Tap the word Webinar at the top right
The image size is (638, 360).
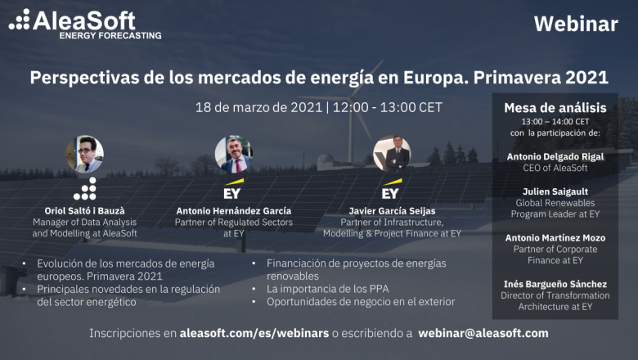575,25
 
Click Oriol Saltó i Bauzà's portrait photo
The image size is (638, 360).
84,154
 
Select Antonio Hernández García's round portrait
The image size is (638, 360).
233,153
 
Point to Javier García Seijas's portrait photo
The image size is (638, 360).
391,153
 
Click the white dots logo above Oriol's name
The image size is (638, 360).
84,189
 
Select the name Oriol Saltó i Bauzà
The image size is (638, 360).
84,210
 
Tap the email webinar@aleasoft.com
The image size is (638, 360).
483,333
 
